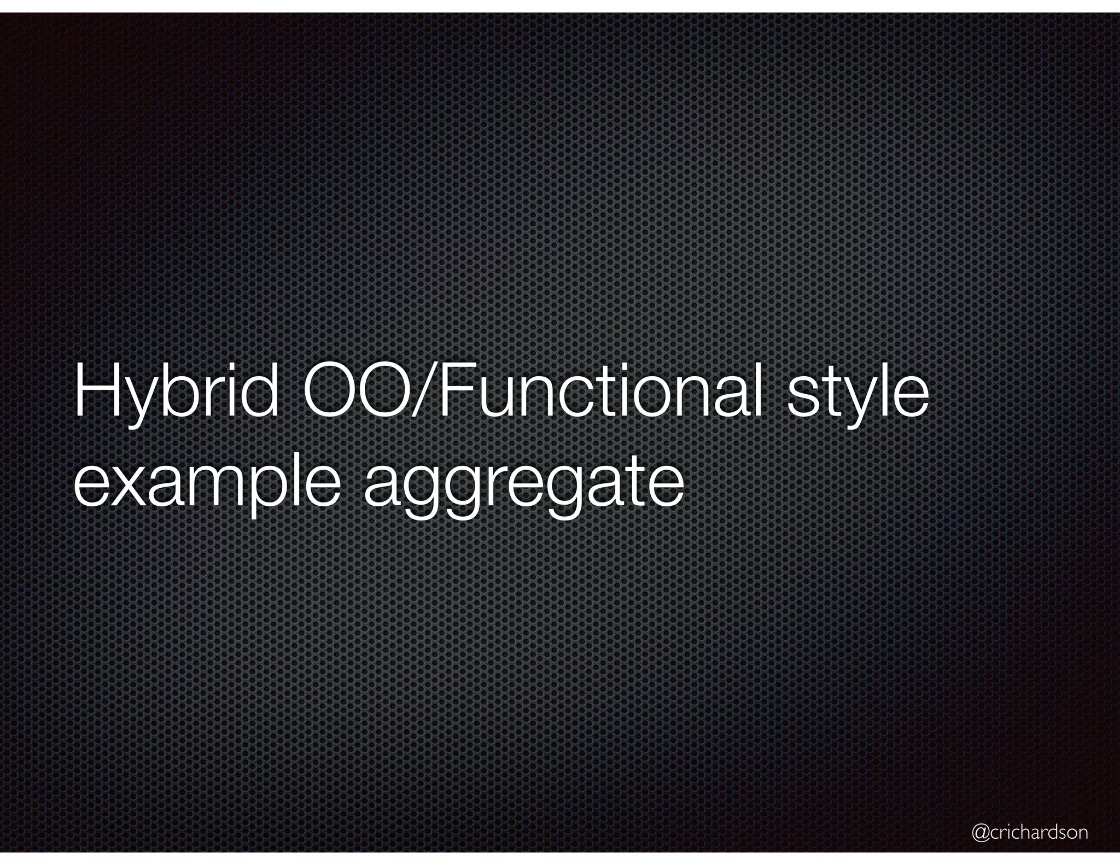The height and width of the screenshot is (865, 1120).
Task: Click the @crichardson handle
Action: click(x=1030, y=832)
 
